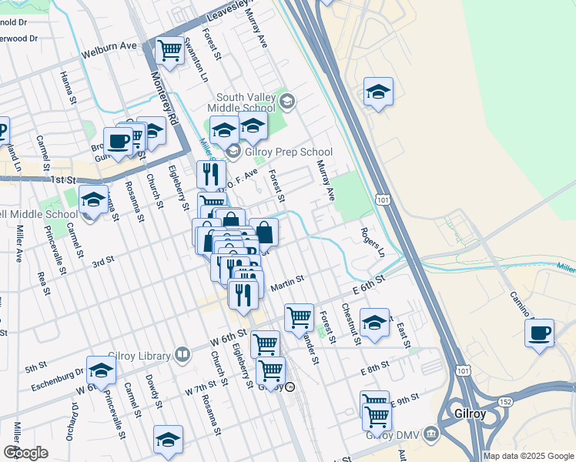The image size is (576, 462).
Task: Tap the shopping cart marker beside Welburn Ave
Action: tap(169, 51)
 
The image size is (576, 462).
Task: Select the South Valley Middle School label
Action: tap(246, 102)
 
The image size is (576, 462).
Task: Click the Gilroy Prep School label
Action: tap(288, 152)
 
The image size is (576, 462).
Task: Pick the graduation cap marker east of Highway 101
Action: tap(378, 92)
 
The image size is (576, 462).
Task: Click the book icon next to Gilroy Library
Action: tap(183, 355)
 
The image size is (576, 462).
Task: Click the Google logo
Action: tap(25, 453)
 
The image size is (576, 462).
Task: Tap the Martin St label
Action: tap(287, 286)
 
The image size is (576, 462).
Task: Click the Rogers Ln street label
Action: tap(372, 242)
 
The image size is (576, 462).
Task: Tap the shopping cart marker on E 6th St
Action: tap(299, 316)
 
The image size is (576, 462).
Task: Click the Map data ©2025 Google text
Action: tap(527, 456)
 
